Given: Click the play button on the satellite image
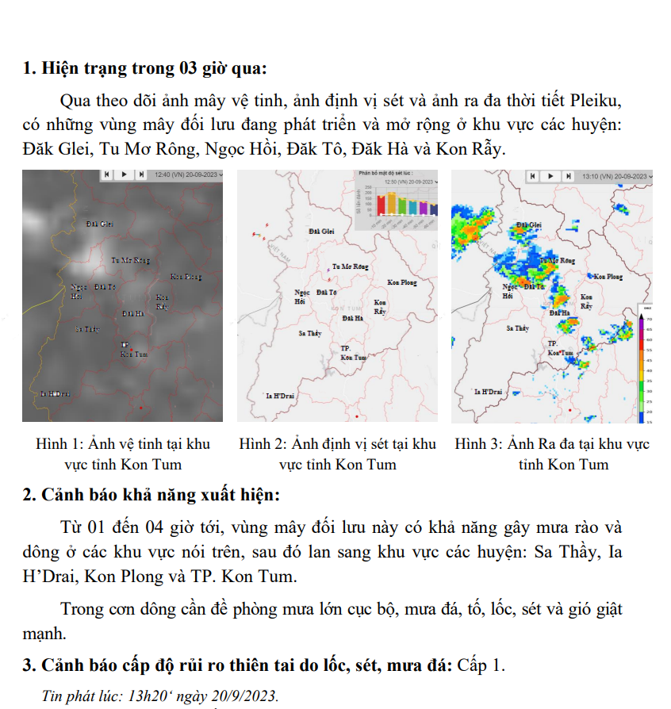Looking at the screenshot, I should point(124,174).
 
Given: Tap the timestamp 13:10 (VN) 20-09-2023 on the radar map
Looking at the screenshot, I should point(612,175).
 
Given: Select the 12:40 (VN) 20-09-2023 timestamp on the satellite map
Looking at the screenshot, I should point(188,174).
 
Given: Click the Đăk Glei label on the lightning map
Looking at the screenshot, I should point(321,231).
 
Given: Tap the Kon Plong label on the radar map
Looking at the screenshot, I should point(608,277).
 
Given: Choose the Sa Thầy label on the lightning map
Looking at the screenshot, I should point(310,334).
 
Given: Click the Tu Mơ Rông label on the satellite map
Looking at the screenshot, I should point(130,259).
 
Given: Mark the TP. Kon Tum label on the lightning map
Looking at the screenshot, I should point(353,353).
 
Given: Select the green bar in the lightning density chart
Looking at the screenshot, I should point(402,207).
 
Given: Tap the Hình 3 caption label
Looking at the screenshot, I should point(480,444).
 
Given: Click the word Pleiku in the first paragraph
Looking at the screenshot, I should point(595,103).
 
